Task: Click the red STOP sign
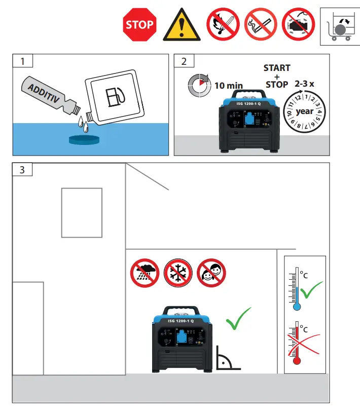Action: coord(139,24)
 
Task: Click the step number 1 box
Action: coord(22,61)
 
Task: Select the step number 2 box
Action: coord(184,61)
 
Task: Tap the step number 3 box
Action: coord(22,169)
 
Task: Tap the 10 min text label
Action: coord(228,86)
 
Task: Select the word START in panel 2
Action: coord(277,68)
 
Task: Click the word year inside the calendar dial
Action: coord(304,111)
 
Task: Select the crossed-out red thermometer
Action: coord(298,342)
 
